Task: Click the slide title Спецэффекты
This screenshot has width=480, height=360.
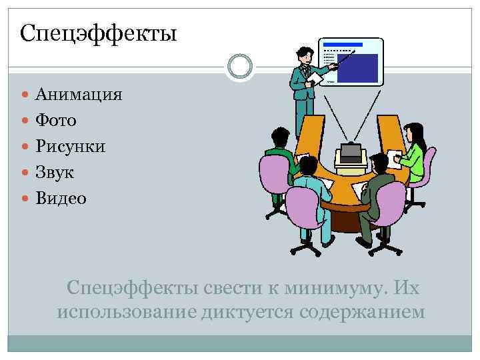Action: point(99,32)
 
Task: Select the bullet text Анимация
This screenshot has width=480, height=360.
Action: point(79,94)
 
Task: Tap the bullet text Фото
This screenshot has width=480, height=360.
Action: point(56,120)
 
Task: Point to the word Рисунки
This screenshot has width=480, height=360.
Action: point(71,146)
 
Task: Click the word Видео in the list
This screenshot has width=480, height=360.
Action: point(61,198)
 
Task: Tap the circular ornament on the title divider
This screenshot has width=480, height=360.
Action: point(239,66)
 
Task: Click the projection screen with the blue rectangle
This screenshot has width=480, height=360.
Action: point(351,62)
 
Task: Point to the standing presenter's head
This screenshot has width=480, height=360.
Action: point(303,54)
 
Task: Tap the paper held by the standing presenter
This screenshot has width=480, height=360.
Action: point(315,78)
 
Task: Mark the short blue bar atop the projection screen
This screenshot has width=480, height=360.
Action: point(343,45)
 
